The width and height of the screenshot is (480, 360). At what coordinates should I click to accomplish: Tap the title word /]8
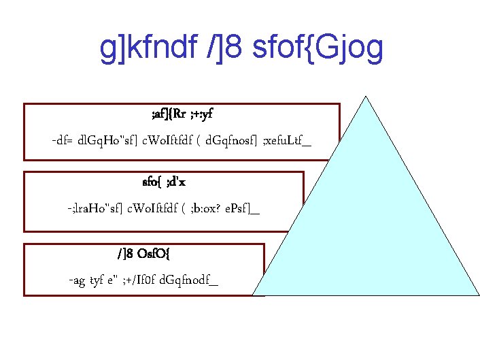tap(226, 48)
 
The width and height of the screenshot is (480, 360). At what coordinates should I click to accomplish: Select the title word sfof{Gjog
tap(318, 48)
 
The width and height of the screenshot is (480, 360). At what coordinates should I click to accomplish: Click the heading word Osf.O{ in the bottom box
tap(158, 255)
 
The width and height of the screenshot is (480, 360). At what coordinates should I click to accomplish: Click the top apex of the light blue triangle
tap(366, 96)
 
